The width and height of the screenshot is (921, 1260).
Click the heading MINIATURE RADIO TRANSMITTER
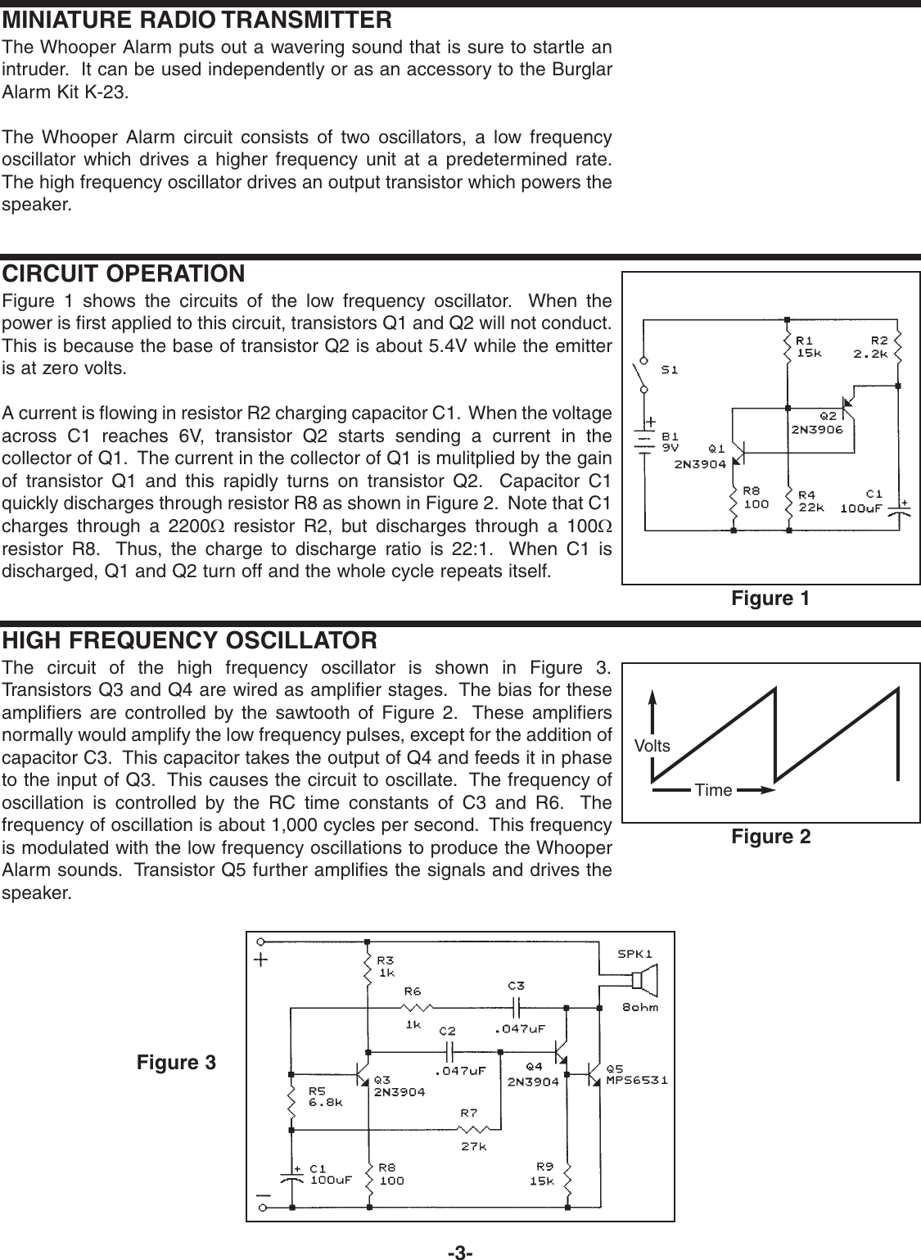[197, 19]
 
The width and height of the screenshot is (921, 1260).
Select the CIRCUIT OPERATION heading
[124, 273]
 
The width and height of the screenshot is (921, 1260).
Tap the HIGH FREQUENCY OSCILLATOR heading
[190, 639]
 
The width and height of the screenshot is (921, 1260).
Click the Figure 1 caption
[770, 598]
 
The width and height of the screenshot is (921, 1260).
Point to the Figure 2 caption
[770, 836]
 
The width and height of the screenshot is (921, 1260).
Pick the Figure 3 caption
[176, 1063]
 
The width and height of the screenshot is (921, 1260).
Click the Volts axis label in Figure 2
[652, 746]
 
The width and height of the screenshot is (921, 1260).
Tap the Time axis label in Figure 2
[712, 790]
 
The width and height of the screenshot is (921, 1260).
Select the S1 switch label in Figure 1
[669, 369]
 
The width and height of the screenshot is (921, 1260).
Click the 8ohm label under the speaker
[639, 1007]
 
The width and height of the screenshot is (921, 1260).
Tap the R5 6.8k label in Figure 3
[325, 1095]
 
